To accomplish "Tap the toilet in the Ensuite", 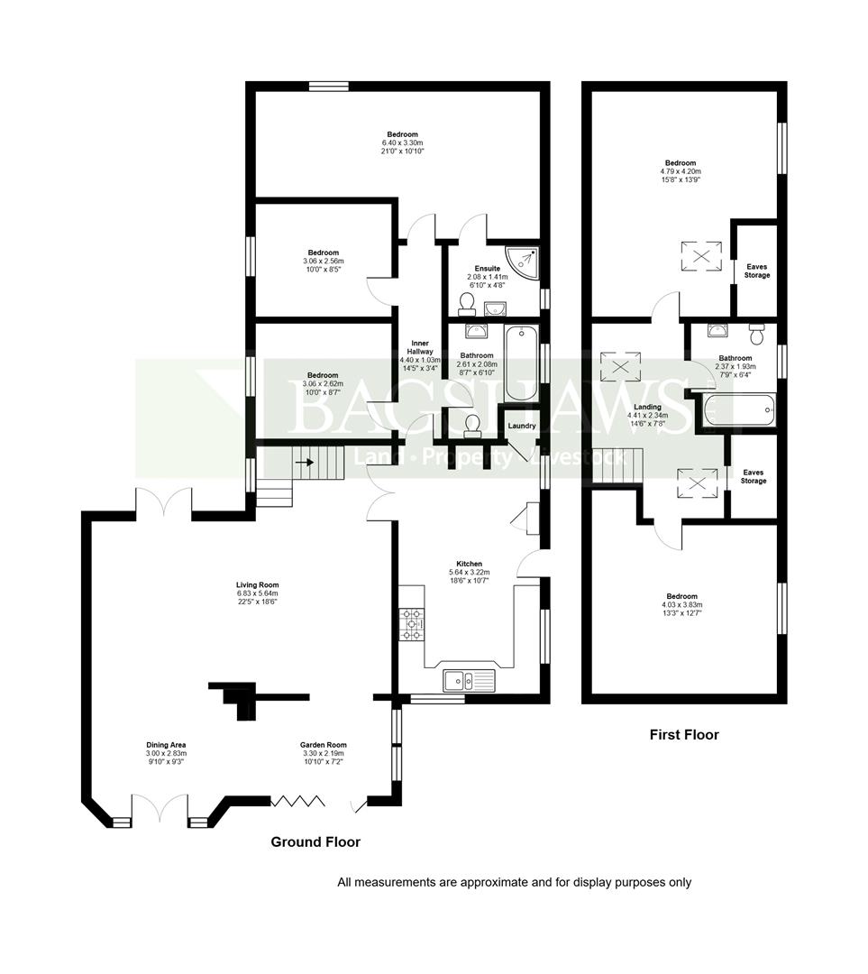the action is tap(466, 304).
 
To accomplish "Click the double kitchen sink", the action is tap(470, 681).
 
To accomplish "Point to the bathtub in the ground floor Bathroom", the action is tap(522, 364).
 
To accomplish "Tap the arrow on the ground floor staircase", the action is tap(305, 463).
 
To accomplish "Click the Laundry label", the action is tap(522, 426).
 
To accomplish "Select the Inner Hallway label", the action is tap(420, 347).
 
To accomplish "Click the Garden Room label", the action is tap(323, 745).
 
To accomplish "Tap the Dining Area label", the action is tap(166, 745).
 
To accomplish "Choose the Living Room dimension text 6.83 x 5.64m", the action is tap(258, 593).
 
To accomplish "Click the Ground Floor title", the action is tap(315, 841).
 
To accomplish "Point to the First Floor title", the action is tap(684, 734).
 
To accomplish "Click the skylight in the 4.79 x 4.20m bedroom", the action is tap(702, 255).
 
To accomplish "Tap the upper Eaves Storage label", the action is tap(757, 271).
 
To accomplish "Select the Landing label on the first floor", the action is tap(647, 407).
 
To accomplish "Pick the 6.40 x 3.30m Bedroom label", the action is tap(402, 134).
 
